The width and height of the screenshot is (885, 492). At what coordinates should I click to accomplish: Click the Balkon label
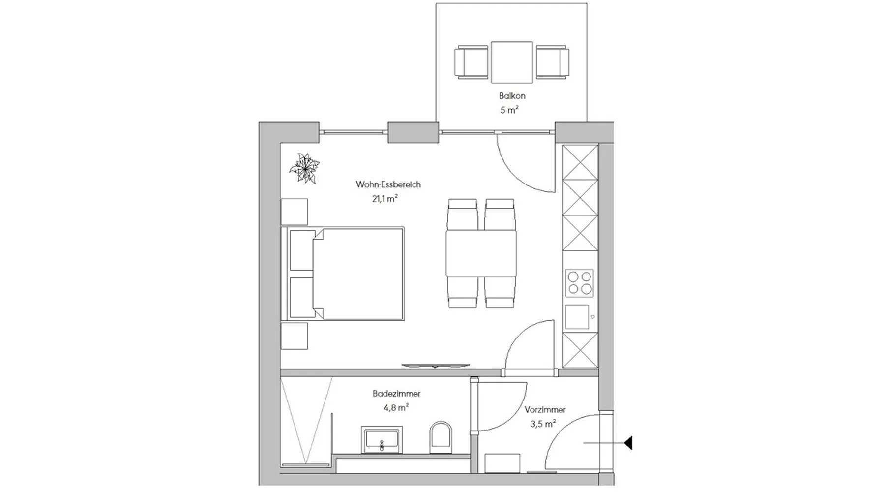pos(512,96)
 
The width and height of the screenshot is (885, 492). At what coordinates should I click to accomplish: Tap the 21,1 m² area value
pos(384,199)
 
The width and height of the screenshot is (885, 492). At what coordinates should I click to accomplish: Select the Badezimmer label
pos(396,394)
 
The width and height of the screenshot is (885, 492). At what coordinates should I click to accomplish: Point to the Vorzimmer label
pos(545,409)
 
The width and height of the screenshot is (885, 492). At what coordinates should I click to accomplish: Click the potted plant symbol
pos(305,168)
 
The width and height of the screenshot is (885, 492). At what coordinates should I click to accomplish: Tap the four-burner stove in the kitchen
pos(580,283)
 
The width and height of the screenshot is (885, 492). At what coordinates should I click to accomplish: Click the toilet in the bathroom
pos(441,437)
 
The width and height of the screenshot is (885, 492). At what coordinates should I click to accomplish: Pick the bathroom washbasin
pos(382,439)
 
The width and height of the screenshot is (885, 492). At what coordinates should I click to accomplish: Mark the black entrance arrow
pos(628,443)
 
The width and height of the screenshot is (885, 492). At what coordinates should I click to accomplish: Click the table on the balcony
pos(512,62)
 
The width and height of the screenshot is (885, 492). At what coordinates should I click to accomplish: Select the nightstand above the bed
pos(294,212)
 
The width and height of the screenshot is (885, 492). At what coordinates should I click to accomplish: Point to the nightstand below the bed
pos(294,336)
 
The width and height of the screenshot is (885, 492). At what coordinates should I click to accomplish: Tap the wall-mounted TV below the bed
pos(436,366)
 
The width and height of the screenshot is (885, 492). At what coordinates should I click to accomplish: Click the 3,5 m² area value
pos(543,423)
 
